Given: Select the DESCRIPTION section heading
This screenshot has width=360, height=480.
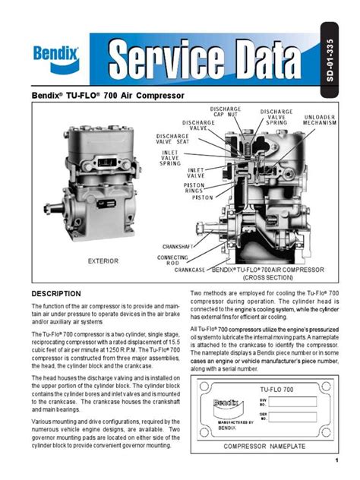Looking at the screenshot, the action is pyautogui.click(x=56, y=294).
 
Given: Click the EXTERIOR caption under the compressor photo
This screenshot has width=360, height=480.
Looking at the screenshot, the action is pyautogui.click(x=103, y=261).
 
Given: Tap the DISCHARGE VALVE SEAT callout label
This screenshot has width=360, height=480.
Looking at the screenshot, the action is pyautogui.click(x=174, y=141).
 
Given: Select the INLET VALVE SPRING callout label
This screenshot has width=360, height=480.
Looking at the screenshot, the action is pyautogui.click(x=170, y=158).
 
